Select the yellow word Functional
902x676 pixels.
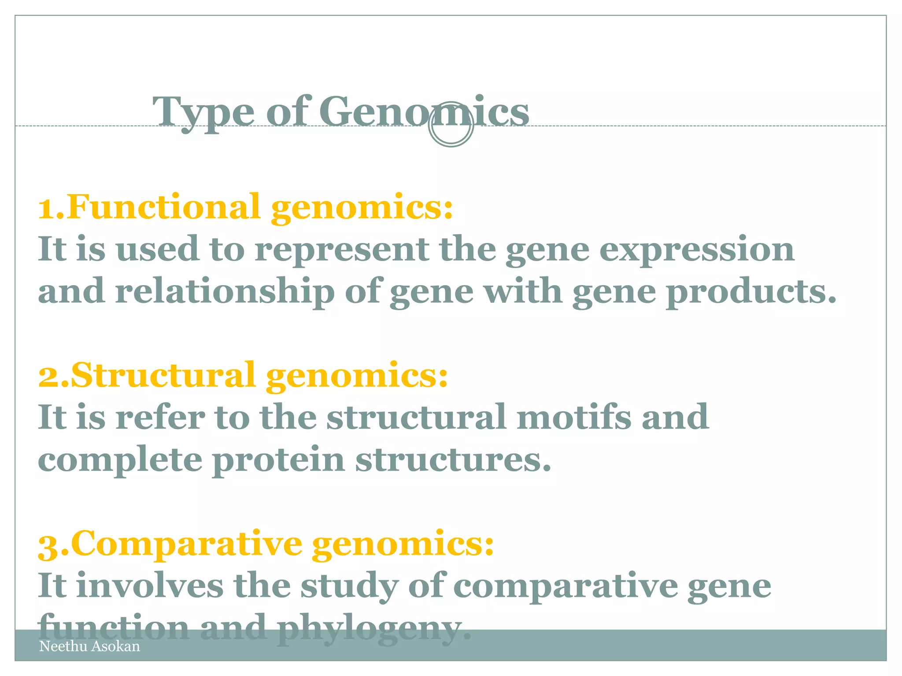(163, 207)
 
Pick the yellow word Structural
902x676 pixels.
(163, 375)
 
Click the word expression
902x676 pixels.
(697, 250)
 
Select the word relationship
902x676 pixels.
(225, 292)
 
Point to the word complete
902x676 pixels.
(120, 460)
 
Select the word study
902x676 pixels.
(349, 586)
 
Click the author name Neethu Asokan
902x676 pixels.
(89, 646)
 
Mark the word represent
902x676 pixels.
(342, 250)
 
